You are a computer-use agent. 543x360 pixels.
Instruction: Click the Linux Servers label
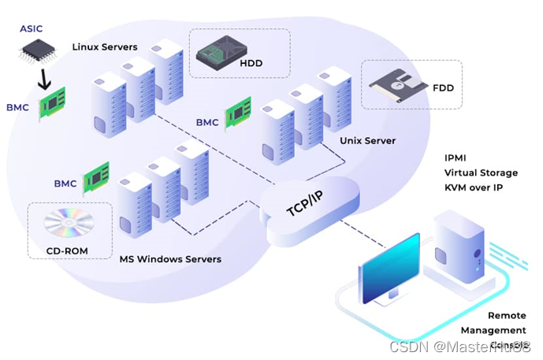pyautogui.click(x=105, y=46)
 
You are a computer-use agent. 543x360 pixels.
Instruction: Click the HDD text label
pyautogui.click(x=251, y=63)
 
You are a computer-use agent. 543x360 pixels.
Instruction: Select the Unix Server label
pyautogui.click(x=367, y=141)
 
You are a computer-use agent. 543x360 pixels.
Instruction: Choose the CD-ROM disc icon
pyautogui.click(x=63, y=225)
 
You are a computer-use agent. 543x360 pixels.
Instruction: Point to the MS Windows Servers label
pyautogui.click(x=170, y=259)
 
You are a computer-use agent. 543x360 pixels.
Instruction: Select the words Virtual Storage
pyautogui.click(x=481, y=173)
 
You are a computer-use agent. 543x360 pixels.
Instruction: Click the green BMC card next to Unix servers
pyautogui.click(x=238, y=113)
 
